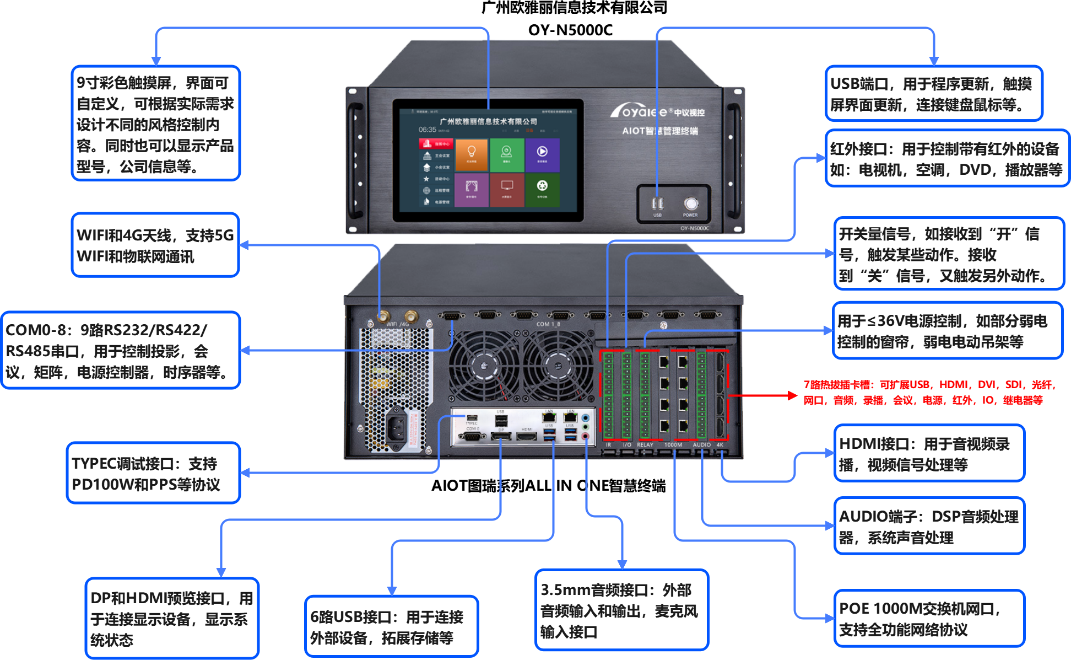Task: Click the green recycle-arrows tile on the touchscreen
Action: [542, 188]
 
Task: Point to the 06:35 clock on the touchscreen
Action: [428, 130]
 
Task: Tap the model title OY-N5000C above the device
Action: [570, 30]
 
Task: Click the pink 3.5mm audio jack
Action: [586, 436]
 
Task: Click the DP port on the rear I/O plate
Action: [501, 437]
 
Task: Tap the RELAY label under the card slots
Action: [645, 445]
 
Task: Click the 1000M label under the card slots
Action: [673, 445]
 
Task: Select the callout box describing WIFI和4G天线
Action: [155, 245]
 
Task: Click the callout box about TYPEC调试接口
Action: [153, 473]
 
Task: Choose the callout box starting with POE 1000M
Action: [929, 619]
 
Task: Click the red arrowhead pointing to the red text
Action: [793, 395]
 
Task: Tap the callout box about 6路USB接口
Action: [391, 627]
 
